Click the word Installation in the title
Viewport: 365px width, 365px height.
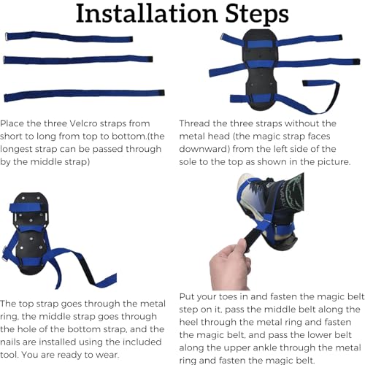147,13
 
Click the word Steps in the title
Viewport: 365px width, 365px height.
257,14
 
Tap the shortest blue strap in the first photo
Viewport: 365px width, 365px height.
69,37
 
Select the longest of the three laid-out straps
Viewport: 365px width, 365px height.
84,95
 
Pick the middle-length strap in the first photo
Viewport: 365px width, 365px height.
78,60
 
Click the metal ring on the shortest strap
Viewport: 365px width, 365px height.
7,36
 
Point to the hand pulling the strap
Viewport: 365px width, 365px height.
230,264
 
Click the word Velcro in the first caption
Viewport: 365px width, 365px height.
83,123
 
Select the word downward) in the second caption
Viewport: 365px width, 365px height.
204,149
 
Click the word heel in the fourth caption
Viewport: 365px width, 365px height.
188,322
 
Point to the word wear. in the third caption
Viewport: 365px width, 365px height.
107,355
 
